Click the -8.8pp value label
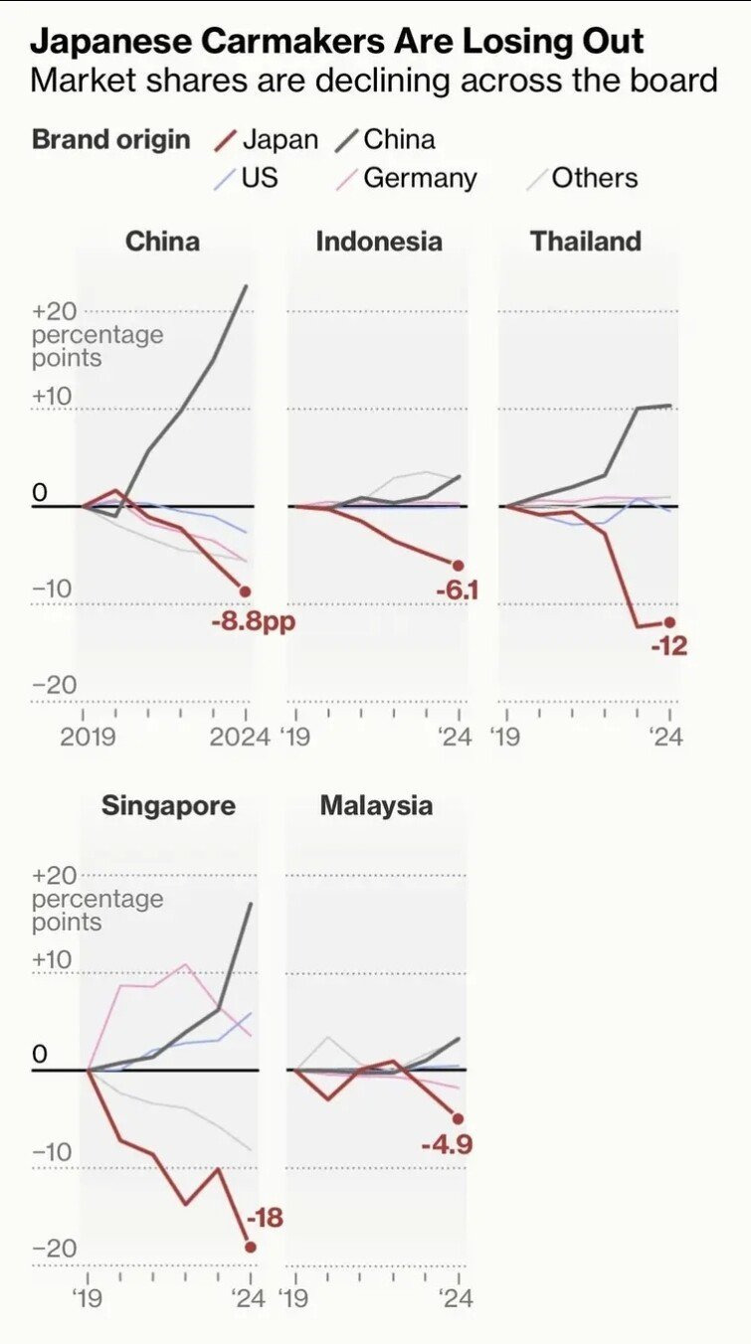pos(254,623)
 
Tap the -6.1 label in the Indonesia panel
pos(457,591)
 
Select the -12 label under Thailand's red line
pos(668,646)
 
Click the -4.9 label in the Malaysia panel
pos(446,1145)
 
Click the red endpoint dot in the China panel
pos(246,591)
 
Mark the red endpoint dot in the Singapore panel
pos(251,1247)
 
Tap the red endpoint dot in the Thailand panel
pos(669,621)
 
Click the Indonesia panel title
pos(378,242)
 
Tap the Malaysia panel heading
pos(376,805)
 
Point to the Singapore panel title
pos(168,805)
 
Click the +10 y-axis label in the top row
pos(53,396)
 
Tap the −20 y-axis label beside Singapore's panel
pos(54,1249)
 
